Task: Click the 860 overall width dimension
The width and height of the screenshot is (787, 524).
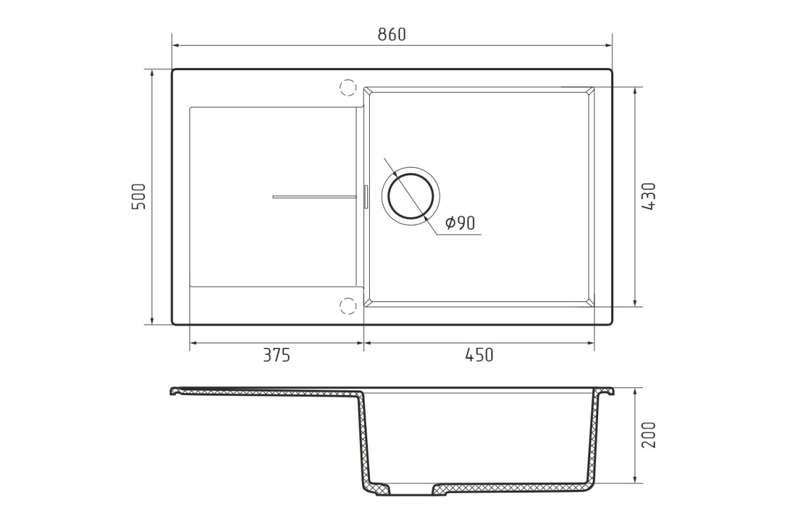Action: (x=392, y=35)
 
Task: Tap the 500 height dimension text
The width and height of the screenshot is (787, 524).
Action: (x=138, y=196)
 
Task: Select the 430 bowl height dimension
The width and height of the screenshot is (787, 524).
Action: (x=649, y=196)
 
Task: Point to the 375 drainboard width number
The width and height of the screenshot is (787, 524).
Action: (x=277, y=355)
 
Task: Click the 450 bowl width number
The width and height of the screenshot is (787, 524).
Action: (x=479, y=355)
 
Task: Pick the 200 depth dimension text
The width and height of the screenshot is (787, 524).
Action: (x=649, y=435)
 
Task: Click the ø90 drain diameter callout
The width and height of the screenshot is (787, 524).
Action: (x=460, y=223)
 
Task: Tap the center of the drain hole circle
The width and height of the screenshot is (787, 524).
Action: (x=411, y=196)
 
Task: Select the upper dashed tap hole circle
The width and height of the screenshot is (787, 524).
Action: (x=348, y=87)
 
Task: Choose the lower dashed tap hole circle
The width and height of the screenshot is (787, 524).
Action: (x=348, y=306)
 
